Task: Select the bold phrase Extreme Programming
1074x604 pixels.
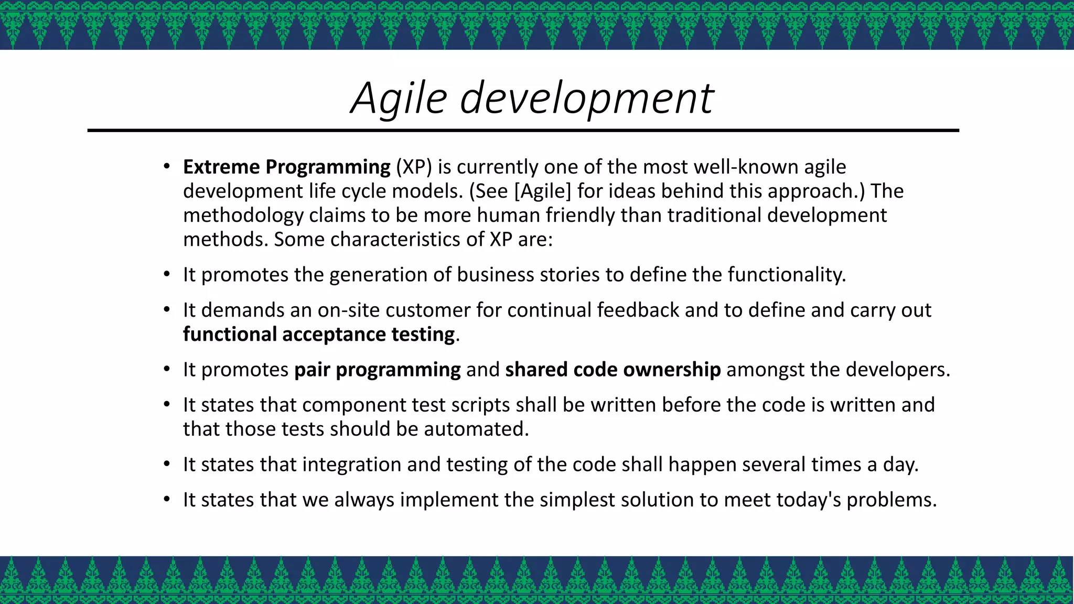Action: pos(286,167)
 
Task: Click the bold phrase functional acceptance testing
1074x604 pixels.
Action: pos(319,335)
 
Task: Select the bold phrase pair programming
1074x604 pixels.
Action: pos(377,370)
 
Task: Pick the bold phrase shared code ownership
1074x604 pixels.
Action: pos(613,370)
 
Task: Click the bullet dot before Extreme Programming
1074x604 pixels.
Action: pos(166,167)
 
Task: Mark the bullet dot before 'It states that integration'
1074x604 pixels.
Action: pos(166,465)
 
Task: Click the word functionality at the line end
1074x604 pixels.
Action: pos(786,275)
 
